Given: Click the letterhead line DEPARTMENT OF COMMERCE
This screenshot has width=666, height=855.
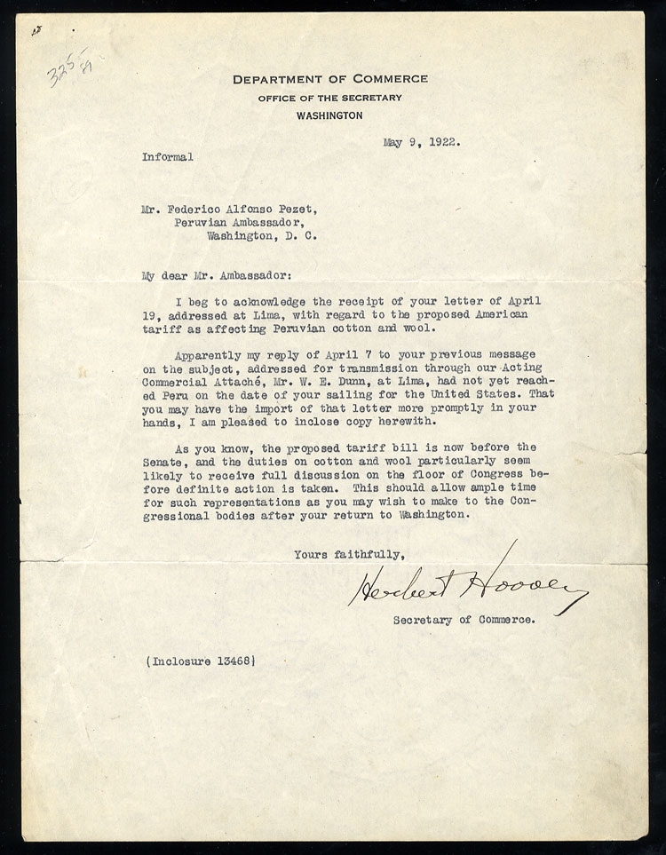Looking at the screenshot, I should pos(330,79).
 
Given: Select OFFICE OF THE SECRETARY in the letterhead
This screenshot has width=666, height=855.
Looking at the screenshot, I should pos(330,97).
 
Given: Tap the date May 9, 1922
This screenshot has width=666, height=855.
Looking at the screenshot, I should pos(424,140).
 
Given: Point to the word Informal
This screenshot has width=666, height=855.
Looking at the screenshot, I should pos(168,156).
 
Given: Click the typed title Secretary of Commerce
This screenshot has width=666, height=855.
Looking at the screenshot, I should pos(464,621).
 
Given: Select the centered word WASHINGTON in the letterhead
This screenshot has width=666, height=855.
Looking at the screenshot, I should pos(330,115).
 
